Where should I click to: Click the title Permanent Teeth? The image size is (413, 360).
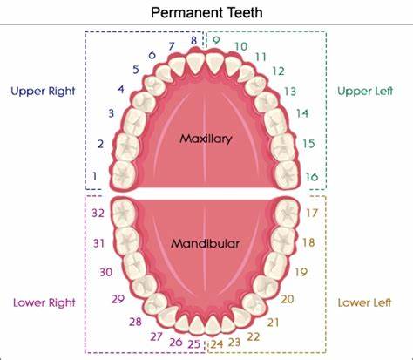point(206,12)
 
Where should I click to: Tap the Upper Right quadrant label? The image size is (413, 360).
point(43,92)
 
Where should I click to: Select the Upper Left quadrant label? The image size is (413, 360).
point(365,91)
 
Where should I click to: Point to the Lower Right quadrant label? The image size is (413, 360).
point(44,302)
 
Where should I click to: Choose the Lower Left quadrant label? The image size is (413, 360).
point(364,302)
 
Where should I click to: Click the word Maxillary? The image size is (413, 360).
point(206,139)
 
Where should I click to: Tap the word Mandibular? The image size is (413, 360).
point(205,243)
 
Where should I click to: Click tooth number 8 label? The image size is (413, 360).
point(193,41)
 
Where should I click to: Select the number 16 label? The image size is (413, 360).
point(312,177)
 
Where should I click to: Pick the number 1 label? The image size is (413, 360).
point(94,176)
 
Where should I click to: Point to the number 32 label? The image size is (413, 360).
point(98,213)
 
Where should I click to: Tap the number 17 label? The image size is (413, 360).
point(312,213)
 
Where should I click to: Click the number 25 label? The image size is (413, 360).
point(194,344)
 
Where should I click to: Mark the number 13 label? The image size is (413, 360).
point(290,92)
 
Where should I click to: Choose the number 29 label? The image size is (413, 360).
point(118,299)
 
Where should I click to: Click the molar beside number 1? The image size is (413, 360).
point(124,174)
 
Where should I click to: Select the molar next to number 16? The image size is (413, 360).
point(287,174)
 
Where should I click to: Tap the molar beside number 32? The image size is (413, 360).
point(124,214)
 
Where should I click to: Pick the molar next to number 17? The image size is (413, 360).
point(287,214)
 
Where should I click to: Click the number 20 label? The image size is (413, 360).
point(287,299)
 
